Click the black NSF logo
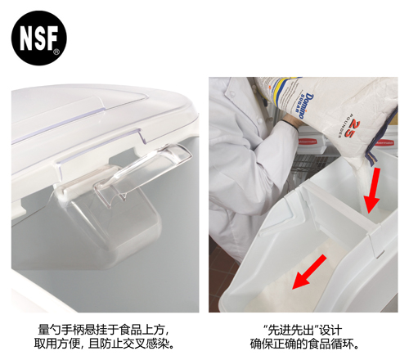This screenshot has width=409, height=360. (x=39, y=38)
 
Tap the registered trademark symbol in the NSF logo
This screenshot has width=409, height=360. (x=56, y=52)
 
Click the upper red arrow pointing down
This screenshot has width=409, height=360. (x=374, y=190)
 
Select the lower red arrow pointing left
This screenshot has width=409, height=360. (x=309, y=272)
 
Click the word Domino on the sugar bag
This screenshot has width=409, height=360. (x=308, y=106)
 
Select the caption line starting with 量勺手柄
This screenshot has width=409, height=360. (x=105, y=330)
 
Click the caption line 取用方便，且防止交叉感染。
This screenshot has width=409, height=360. (x=105, y=344)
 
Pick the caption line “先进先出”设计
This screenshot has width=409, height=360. (x=303, y=330)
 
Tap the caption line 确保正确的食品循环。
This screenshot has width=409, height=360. (x=304, y=344)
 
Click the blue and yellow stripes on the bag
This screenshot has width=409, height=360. (x=284, y=92)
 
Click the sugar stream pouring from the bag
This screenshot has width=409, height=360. (x=362, y=186)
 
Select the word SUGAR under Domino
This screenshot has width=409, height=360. (x=300, y=104)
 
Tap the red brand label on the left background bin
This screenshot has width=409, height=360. (x=308, y=142)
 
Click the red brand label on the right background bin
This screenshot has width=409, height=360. (x=384, y=142)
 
